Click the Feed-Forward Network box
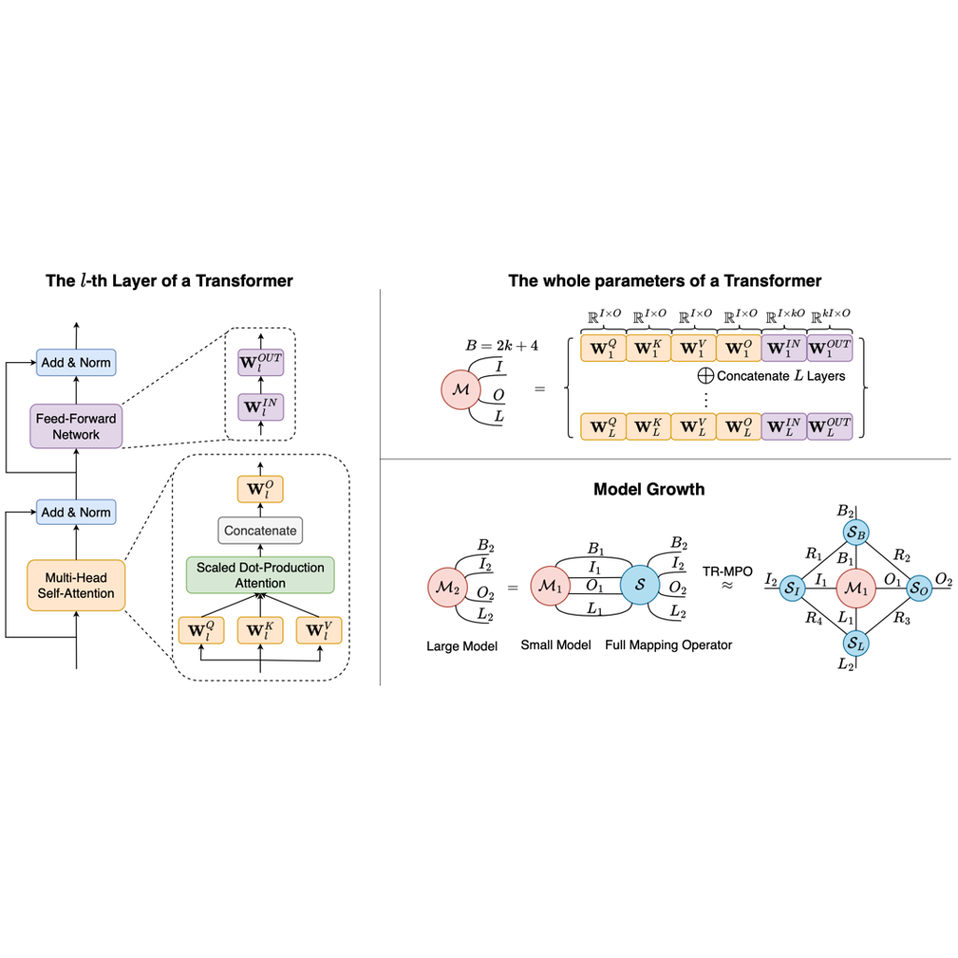76,427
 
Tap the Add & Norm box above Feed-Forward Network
76,362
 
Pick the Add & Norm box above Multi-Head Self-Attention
76,512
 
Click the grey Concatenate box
260,530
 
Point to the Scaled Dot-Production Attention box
260,575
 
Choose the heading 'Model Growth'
649,489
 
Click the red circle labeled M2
446,588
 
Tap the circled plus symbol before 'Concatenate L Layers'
705,375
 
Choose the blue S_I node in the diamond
793,588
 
